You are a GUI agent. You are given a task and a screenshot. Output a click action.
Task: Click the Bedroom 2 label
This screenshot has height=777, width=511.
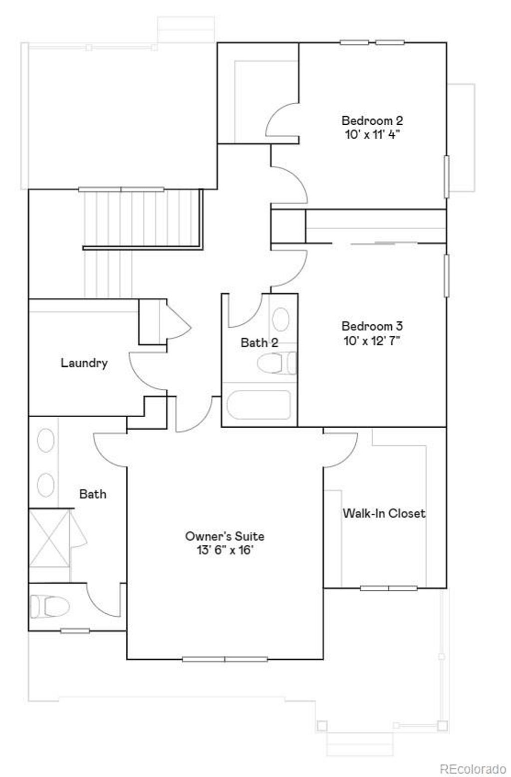click(372, 121)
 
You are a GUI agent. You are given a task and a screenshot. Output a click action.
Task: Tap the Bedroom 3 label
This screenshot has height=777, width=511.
click(372, 326)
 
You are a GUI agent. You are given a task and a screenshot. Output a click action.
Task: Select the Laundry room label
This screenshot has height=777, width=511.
click(84, 363)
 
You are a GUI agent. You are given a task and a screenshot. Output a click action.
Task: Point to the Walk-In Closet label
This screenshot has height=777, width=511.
click(384, 513)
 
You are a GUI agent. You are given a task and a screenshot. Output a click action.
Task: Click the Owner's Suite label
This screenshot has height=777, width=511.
click(225, 536)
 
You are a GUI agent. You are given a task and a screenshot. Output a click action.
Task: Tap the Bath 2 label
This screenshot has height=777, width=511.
click(259, 343)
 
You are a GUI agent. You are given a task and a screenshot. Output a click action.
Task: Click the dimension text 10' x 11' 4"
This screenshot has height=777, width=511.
click(372, 135)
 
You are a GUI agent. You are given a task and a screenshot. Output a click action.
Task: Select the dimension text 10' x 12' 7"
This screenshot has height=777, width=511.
click(372, 341)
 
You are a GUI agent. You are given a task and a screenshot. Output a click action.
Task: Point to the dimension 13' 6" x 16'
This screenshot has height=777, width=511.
click(225, 550)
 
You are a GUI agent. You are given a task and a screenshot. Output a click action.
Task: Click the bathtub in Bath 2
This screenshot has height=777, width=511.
click(258, 405)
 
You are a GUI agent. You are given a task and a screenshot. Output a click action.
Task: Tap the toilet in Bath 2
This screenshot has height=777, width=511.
click(276, 363)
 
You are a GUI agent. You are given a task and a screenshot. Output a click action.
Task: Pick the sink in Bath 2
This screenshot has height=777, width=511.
click(280, 319)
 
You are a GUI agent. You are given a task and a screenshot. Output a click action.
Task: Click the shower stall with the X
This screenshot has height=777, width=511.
click(49, 538)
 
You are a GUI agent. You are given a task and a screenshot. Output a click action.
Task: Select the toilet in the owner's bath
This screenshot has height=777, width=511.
click(50, 607)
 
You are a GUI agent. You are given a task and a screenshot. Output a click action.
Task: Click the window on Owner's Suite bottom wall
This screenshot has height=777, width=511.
click(225, 659)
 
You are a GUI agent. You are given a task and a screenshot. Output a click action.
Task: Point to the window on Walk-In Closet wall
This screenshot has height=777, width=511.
click(389, 588)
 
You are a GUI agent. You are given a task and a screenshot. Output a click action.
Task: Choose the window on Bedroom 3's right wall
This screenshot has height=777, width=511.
click(446, 275)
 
